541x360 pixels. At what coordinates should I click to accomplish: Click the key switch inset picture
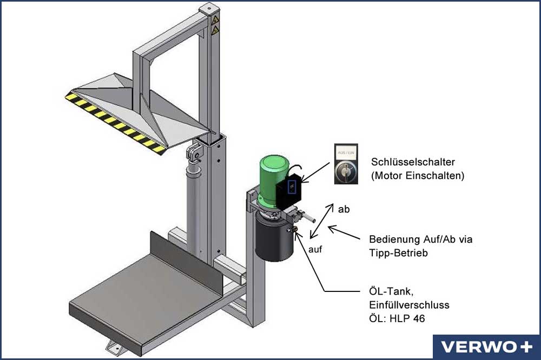click(346, 164)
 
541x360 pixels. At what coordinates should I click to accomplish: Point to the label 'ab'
click(344, 209)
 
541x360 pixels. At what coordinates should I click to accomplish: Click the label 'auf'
click(315, 249)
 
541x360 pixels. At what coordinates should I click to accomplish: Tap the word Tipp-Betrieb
click(398, 253)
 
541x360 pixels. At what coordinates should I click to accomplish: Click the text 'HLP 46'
click(407, 318)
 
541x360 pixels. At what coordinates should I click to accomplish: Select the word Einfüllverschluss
click(409, 305)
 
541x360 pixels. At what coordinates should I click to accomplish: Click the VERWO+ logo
click(487, 347)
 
